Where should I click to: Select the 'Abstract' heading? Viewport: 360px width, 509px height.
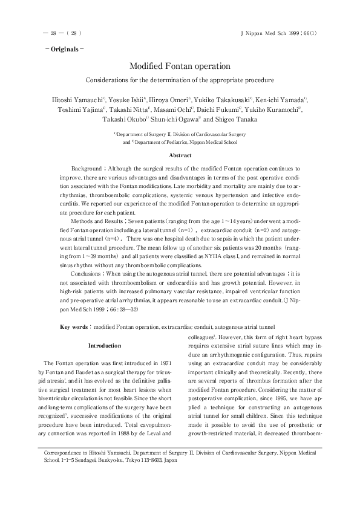click(180, 155)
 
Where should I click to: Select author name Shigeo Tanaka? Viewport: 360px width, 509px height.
click(233, 120)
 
